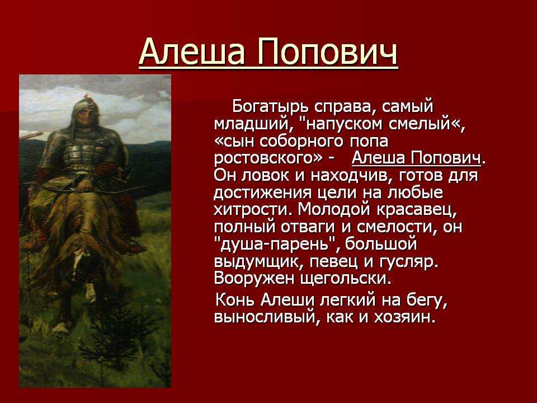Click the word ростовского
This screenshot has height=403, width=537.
268,158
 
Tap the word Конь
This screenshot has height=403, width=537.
235,300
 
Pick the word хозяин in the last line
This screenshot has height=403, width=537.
404,317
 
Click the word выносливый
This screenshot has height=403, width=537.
267,317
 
